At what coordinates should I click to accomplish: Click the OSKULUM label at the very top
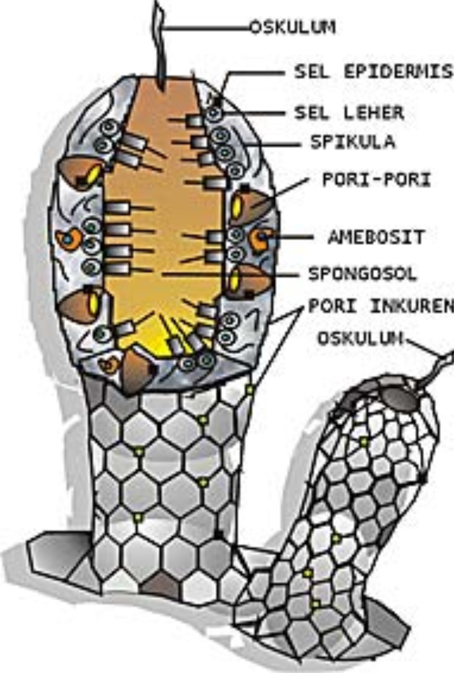pyautogui.click(x=294, y=28)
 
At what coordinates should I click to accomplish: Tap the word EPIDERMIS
pyautogui.click(x=398, y=72)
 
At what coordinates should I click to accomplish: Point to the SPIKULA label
pyautogui.click(x=353, y=142)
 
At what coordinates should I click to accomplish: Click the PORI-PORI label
pyautogui.click(x=377, y=180)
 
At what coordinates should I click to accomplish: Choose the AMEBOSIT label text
pyautogui.click(x=376, y=237)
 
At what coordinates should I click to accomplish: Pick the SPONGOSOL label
pyautogui.click(x=362, y=274)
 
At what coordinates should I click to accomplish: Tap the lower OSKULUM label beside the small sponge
pyautogui.click(x=360, y=338)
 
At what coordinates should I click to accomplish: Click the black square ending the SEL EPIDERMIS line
pyautogui.click(x=217, y=101)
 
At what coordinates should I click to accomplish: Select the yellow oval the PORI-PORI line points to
pyautogui.click(x=237, y=206)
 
